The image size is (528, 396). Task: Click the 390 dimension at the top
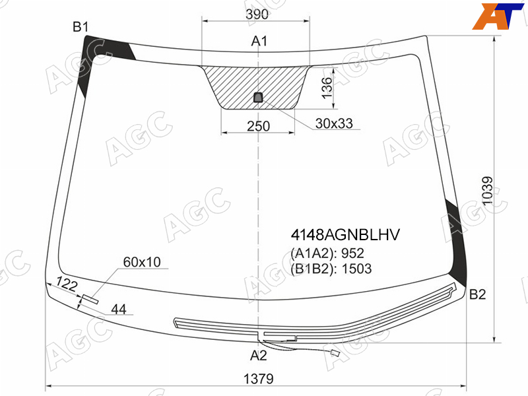[257, 14]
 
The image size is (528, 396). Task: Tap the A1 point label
[259, 41]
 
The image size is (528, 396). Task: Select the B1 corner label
[81, 27]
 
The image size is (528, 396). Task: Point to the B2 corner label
[477, 294]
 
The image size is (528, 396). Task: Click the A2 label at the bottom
[258, 355]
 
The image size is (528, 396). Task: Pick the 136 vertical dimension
[327, 88]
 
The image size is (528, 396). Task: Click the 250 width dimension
[258, 126]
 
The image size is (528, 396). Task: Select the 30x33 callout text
[334, 123]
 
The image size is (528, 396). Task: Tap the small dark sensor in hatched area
[258, 97]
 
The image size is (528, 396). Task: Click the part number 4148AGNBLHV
[345, 235]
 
